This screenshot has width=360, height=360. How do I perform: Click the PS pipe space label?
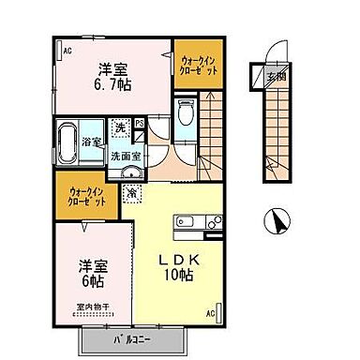tap(140, 122)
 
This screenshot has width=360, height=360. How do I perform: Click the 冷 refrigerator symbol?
tap(132, 192)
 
